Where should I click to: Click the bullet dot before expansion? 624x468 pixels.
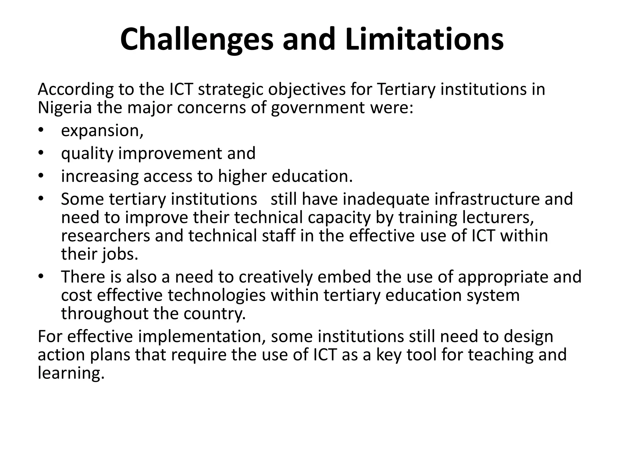point(41,130)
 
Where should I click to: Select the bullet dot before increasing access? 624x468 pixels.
point(41,176)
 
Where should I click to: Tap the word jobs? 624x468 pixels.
point(120,255)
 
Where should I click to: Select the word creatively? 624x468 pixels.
point(275,277)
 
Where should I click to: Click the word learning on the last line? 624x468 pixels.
point(71,374)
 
